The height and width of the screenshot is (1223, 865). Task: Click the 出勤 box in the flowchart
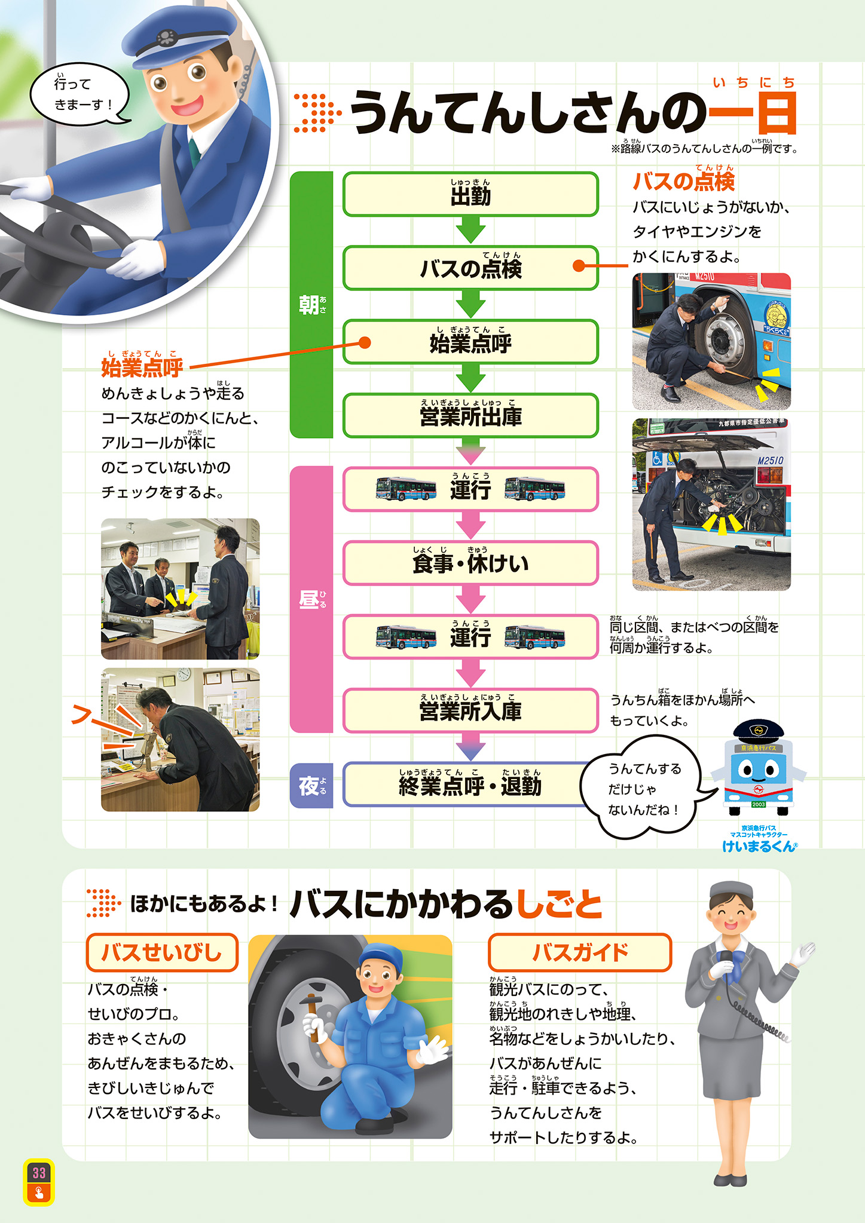point(470,194)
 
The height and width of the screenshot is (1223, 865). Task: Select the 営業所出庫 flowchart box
point(470,416)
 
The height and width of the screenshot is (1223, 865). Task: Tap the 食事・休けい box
point(470,563)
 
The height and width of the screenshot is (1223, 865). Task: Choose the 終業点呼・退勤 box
point(470,784)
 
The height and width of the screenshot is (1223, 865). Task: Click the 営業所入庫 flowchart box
point(470,711)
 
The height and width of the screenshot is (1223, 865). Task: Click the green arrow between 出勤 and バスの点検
point(470,230)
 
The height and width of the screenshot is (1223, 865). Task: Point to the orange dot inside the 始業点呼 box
point(364,342)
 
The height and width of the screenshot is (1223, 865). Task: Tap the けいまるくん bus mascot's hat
point(758,730)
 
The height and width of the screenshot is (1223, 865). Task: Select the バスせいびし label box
point(162,952)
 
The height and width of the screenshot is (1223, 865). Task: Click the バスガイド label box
point(579,952)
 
